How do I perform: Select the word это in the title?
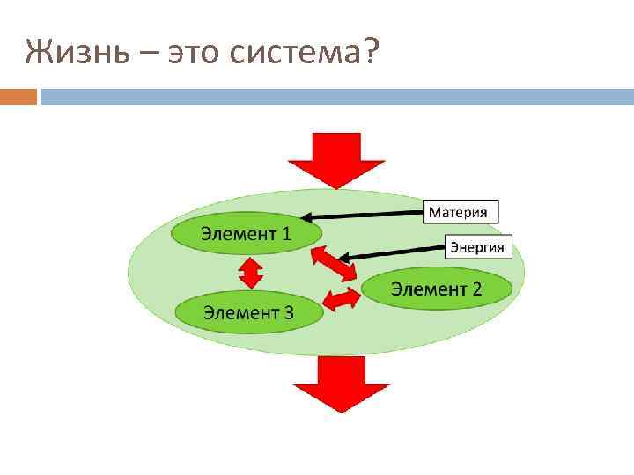click(194, 55)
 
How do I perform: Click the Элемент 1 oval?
click(245, 233)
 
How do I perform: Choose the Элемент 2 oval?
click(436, 288)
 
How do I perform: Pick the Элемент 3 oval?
click(249, 311)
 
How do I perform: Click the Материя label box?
click(462, 211)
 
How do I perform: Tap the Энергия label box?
click(476, 246)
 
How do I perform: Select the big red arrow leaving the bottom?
click(342, 383)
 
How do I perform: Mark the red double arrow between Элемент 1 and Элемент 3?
click(251, 272)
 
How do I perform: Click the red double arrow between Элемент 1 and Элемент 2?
click(334, 264)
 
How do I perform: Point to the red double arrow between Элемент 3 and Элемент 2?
click(342, 299)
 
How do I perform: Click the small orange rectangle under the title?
click(18, 96)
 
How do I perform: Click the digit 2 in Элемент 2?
click(476, 288)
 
